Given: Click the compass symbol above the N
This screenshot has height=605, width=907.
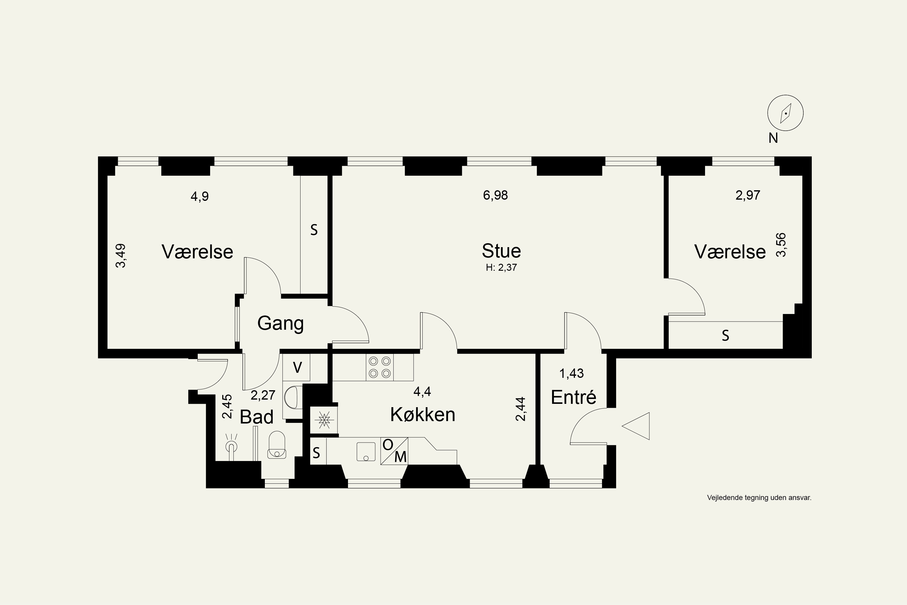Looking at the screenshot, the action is (x=785, y=113).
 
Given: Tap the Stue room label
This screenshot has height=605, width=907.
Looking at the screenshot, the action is (x=501, y=251).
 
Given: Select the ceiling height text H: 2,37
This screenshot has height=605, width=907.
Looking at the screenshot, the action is (x=501, y=267).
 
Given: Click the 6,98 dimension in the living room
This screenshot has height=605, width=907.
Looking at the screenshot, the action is (x=496, y=195).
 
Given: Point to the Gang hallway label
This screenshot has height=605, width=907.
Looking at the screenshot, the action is (x=280, y=323).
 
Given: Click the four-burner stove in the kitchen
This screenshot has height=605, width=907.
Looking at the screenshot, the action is (x=380, y=367).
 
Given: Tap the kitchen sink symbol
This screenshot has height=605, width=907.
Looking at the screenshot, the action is (x=366, y=451).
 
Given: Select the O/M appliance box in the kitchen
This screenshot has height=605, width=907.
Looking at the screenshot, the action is (x=394, y=451).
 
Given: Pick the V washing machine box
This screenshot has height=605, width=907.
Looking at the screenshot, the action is (x=296, y=367).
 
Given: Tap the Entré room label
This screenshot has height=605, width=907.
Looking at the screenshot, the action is (x=574, y=397).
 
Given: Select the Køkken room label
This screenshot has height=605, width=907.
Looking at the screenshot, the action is (x=423, y=414).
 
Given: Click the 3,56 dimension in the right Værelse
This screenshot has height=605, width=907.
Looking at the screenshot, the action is (x=781, y=245).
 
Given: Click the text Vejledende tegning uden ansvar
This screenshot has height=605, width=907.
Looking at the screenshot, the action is (x=759, y=498).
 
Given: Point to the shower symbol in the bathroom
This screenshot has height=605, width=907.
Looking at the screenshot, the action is (x=231, y=448).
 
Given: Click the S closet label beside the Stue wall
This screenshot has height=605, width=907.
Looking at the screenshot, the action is (x=314, y=230).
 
